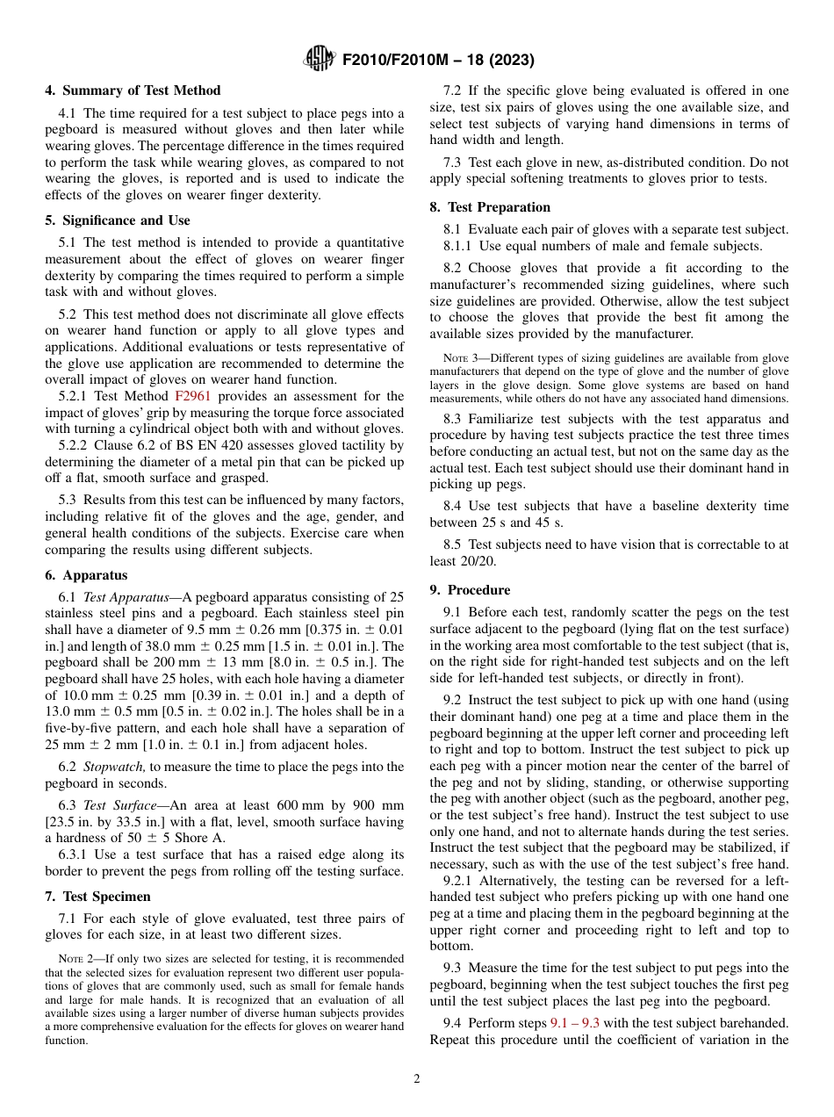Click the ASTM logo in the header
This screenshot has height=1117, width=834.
click(319, 60)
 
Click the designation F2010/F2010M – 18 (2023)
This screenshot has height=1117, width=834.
click(438, 61)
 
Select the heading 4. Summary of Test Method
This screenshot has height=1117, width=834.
click(133, 90)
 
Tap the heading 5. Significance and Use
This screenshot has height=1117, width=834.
click(118, 220)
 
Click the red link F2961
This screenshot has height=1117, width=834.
click(191, 396)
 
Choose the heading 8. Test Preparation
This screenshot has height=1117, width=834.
click(490, 207)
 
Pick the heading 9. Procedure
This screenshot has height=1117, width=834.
click(470, 590)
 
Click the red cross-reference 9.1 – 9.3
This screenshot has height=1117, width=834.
click(574, 1023)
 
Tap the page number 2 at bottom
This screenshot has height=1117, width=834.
click(417, 1079)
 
